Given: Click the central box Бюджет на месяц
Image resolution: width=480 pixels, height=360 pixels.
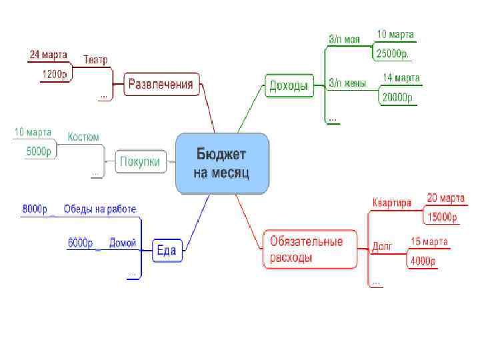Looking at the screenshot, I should (222, 164).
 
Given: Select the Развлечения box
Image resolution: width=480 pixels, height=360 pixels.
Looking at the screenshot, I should (161, 84).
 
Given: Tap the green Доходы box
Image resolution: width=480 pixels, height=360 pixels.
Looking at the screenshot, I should (289, 85).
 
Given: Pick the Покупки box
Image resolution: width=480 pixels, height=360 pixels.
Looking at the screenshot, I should (140, 161).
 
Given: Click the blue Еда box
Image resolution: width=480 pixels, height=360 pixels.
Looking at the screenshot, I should (166, 251).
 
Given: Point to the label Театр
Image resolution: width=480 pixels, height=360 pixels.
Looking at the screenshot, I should (95, 60).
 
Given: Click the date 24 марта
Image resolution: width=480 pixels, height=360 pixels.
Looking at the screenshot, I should (48, 54).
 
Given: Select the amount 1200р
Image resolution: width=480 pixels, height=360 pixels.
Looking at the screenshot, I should (55, 74).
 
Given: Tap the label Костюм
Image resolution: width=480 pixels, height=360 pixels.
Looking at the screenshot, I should (83, 137).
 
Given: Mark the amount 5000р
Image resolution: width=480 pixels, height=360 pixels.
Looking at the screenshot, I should (39, 152).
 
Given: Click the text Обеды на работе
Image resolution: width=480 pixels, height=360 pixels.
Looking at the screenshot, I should (100, 209).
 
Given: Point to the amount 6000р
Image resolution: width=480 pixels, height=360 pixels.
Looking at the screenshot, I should (80, 243).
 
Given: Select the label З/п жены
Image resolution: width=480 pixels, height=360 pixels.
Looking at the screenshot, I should (347, 83).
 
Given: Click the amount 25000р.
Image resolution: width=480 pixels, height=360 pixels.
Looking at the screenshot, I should (396, 53).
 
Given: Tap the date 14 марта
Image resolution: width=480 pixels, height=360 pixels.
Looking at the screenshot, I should (401, 78).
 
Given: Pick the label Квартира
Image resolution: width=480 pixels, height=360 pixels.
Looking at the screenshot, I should (392, 203).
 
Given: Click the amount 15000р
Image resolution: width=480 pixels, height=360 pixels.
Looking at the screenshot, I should (442, 217).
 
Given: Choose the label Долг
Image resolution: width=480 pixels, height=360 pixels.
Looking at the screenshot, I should (382, 247).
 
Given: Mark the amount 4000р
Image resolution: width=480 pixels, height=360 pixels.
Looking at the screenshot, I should (423, 261).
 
